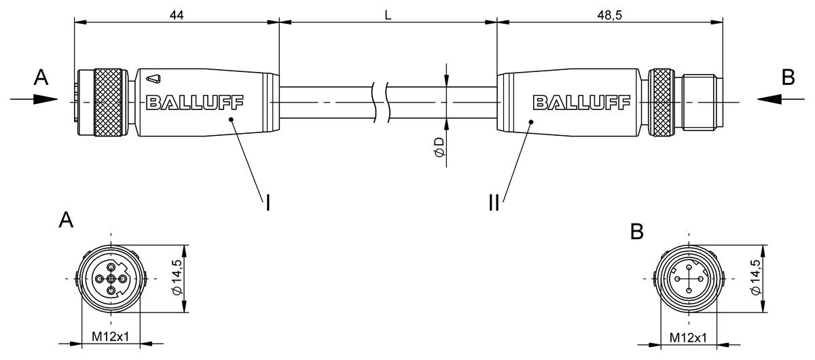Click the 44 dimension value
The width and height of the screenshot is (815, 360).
tap(177, 16)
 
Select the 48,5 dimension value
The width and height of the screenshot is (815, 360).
tap(610, 16)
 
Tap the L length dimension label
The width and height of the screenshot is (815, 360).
tap(388, 16)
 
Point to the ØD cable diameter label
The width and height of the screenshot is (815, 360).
tap(439, 147)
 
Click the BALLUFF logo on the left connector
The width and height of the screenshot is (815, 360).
tap(194, 103)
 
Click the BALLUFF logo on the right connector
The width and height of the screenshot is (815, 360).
tap(581, 103)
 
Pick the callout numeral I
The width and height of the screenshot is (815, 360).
tap(268, 202)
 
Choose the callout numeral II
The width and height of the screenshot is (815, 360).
tap(494, 202)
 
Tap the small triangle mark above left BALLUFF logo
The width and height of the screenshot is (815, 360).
tap(153, 79)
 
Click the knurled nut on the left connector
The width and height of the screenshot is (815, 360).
tap(108, 103)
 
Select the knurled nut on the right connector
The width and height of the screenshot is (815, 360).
tap(662, 103)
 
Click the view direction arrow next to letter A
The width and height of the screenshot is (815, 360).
tap(34, 99)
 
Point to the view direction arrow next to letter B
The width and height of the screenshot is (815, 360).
tap(781, 99)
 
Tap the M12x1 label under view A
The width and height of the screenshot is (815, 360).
tap(110, 337)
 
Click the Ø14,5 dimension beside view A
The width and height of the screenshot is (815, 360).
tap(177, 277)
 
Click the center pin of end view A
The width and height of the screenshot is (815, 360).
tap(111, 279)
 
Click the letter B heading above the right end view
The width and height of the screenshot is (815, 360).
tap(637, 232)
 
